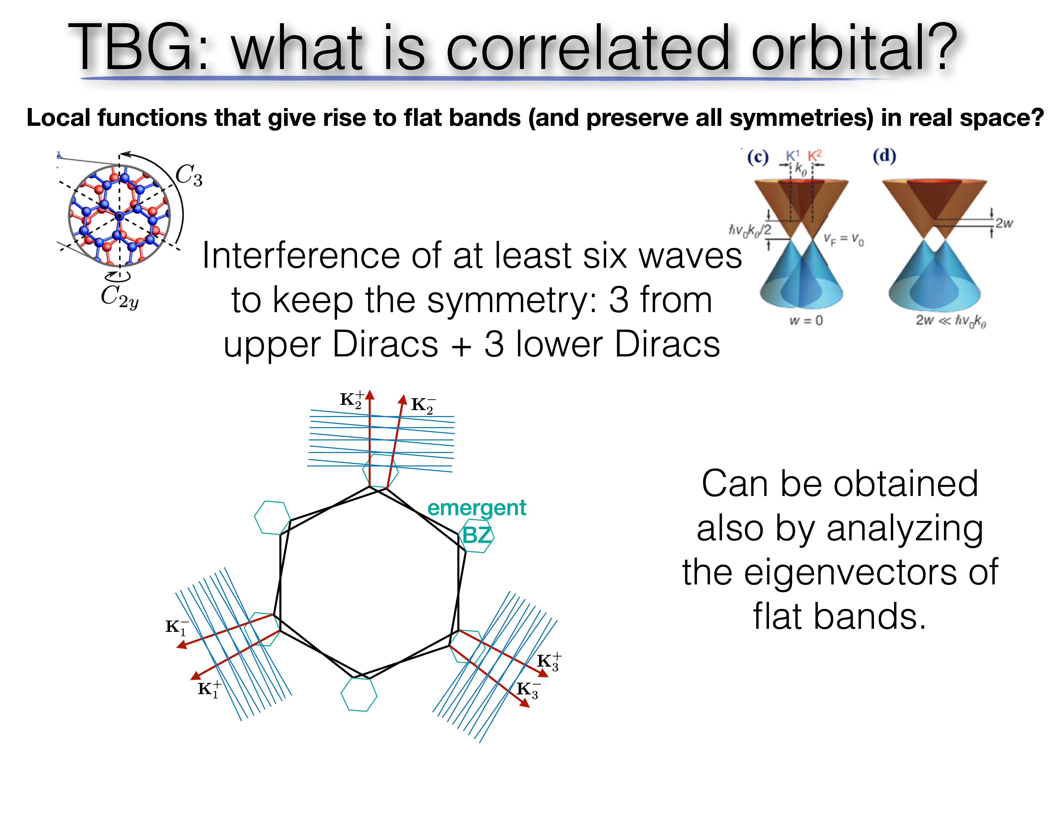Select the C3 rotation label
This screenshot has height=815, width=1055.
[189, 175]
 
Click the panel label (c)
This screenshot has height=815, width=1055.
[757, 157]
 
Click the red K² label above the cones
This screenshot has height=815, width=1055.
[815, 156]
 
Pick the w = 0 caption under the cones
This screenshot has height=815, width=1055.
[806, 320]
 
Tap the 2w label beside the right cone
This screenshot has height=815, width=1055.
[1004, 223]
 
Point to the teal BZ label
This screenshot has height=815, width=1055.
[477, 535]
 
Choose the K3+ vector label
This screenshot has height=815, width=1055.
[549, 661]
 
